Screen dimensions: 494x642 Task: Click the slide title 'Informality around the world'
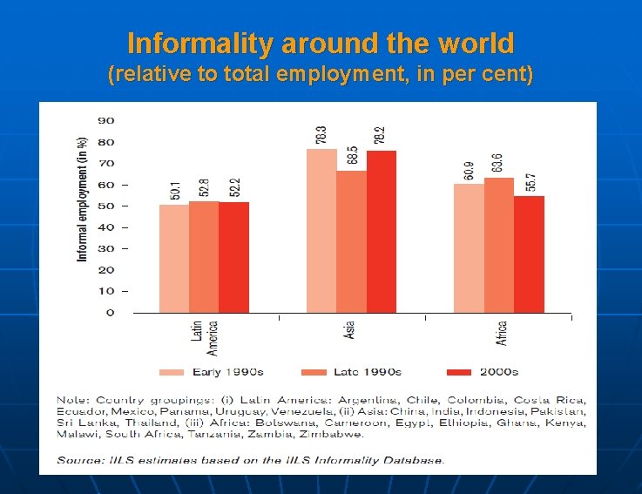click(x=321, y=43)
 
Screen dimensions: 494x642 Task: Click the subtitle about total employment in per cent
click(x=321, y=75)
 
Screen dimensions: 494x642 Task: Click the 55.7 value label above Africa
click(x=530, y=182)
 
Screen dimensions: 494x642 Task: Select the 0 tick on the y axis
click(x=110, y=313)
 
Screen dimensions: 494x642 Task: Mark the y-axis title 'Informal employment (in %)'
click(x=83, y=199)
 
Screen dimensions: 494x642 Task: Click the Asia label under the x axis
click(x=348, y=330)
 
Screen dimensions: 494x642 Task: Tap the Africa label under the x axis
click(x=502, y=333)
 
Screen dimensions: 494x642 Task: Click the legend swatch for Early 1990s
click(x=171, y=372)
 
